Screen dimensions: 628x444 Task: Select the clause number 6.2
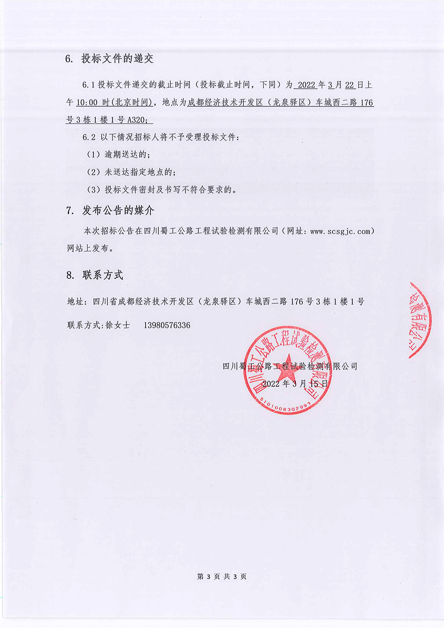(x=91, y=137)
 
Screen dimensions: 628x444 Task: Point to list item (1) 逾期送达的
(x=118, y=154)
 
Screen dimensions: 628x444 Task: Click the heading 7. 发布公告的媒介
(x=110, y=211)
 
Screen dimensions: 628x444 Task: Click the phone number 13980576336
(x=167, y=326)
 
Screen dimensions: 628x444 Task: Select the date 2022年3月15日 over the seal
(x=295, y=383)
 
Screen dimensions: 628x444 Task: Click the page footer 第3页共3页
(x=222, y=576)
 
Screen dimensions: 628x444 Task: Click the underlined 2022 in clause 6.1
(x=306, y=85)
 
